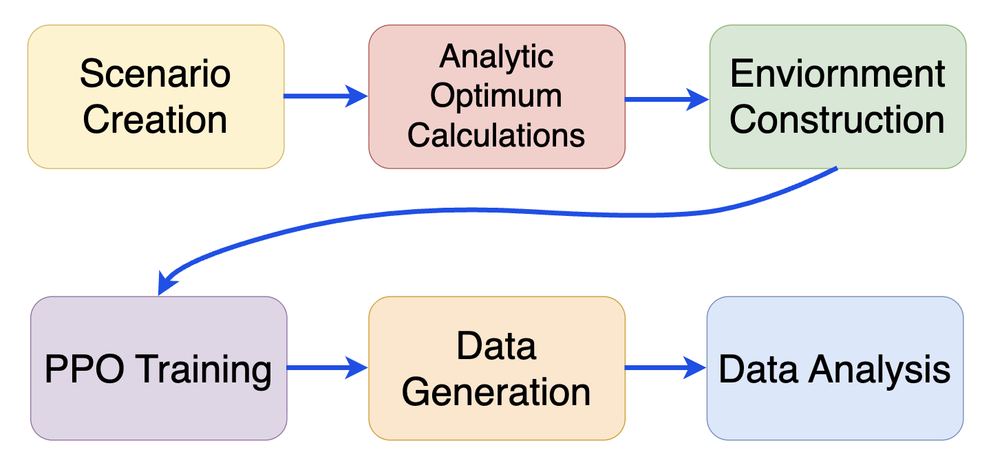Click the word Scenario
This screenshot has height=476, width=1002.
pyautogui.click(x=156, y=74)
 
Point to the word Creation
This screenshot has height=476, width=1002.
pyautogui.click(x=156, y=120)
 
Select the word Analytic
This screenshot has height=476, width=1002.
pyautogui.click(x=497, y=56)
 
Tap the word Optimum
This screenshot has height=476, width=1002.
pyautogui.click(x=497, y=96)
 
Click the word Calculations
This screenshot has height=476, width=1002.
pyautogui.click(x=497, y=135)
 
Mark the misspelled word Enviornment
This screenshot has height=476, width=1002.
pyautogui.click(x=838, y=74)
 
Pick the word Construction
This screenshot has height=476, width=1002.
pyautogui.click(x=838, y=120)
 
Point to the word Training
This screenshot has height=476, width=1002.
pyautogui.click(x=204, y=369)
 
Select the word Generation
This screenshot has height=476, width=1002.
pyautogui.click(x=497, y=393)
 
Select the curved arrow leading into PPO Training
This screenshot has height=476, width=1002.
pyautogui.click(x=482, y=211)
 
